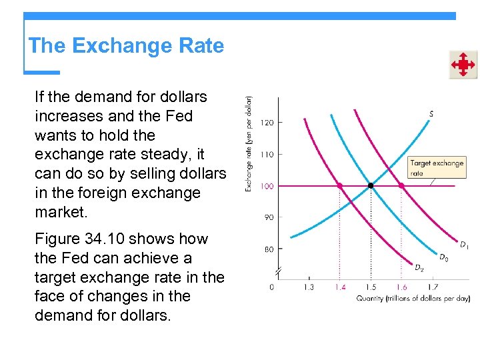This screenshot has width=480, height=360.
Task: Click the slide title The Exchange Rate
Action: coord(126,46)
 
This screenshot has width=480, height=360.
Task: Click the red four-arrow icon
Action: coord(463,65)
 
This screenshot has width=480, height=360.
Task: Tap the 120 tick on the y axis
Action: coord(266,123)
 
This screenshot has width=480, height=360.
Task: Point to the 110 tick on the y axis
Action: coord(266,154)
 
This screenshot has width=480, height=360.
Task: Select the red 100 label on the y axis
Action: coord(266,186)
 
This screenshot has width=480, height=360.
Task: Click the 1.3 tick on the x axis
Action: coord(309,287)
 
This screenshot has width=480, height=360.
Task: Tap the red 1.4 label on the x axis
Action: coord(340,287)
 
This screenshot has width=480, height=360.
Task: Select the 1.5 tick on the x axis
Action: coord(371,287)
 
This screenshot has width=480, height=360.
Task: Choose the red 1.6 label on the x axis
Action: coord(401,287)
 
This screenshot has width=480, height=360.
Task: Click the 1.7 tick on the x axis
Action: coord(432,287)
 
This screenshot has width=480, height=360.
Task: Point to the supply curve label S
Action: coord(431,114)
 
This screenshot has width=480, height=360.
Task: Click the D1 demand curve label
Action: coord(464,245)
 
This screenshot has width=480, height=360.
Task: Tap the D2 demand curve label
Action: coord(419,268)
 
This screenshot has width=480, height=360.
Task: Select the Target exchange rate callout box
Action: coord(437,167)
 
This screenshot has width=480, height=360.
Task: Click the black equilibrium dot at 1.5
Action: coord(371,185)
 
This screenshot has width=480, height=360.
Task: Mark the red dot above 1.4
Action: coord(340,185)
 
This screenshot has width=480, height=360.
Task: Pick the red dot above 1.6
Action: coord(401,185)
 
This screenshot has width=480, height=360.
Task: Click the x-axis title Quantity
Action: coord(413,298)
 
